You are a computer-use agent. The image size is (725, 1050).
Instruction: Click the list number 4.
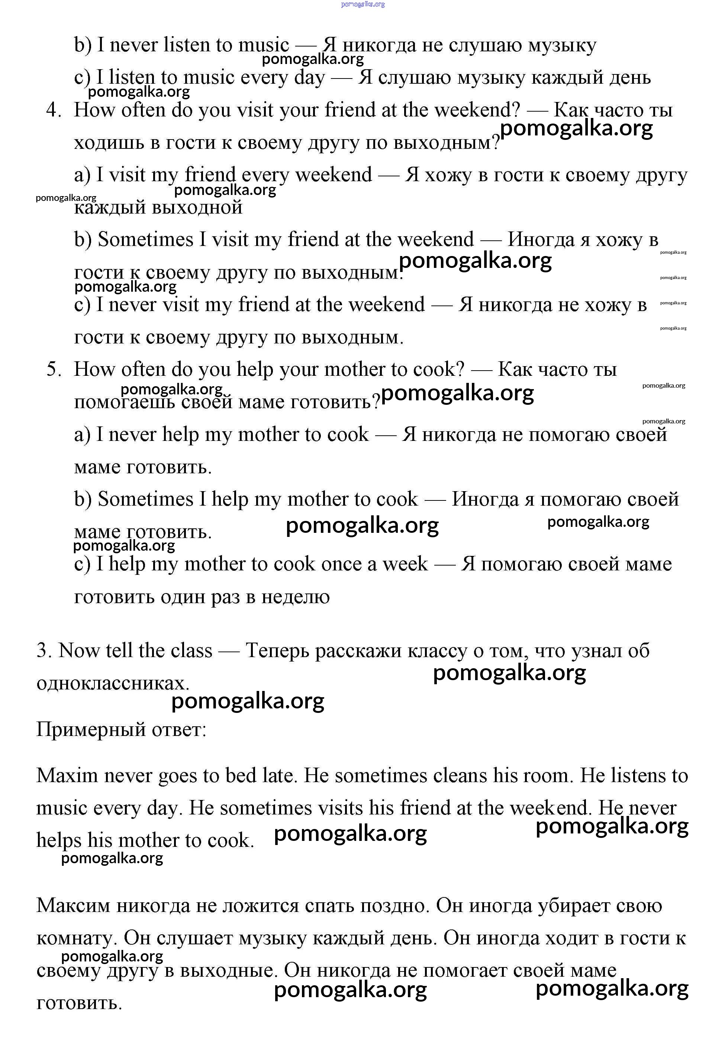[x=53, y=110]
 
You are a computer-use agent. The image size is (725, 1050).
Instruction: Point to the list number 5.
[x=53, y=369]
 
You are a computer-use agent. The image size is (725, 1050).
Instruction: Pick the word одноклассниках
[x=113, y=683]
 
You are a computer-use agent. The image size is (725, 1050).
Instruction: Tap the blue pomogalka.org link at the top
[x=362, y=4]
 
